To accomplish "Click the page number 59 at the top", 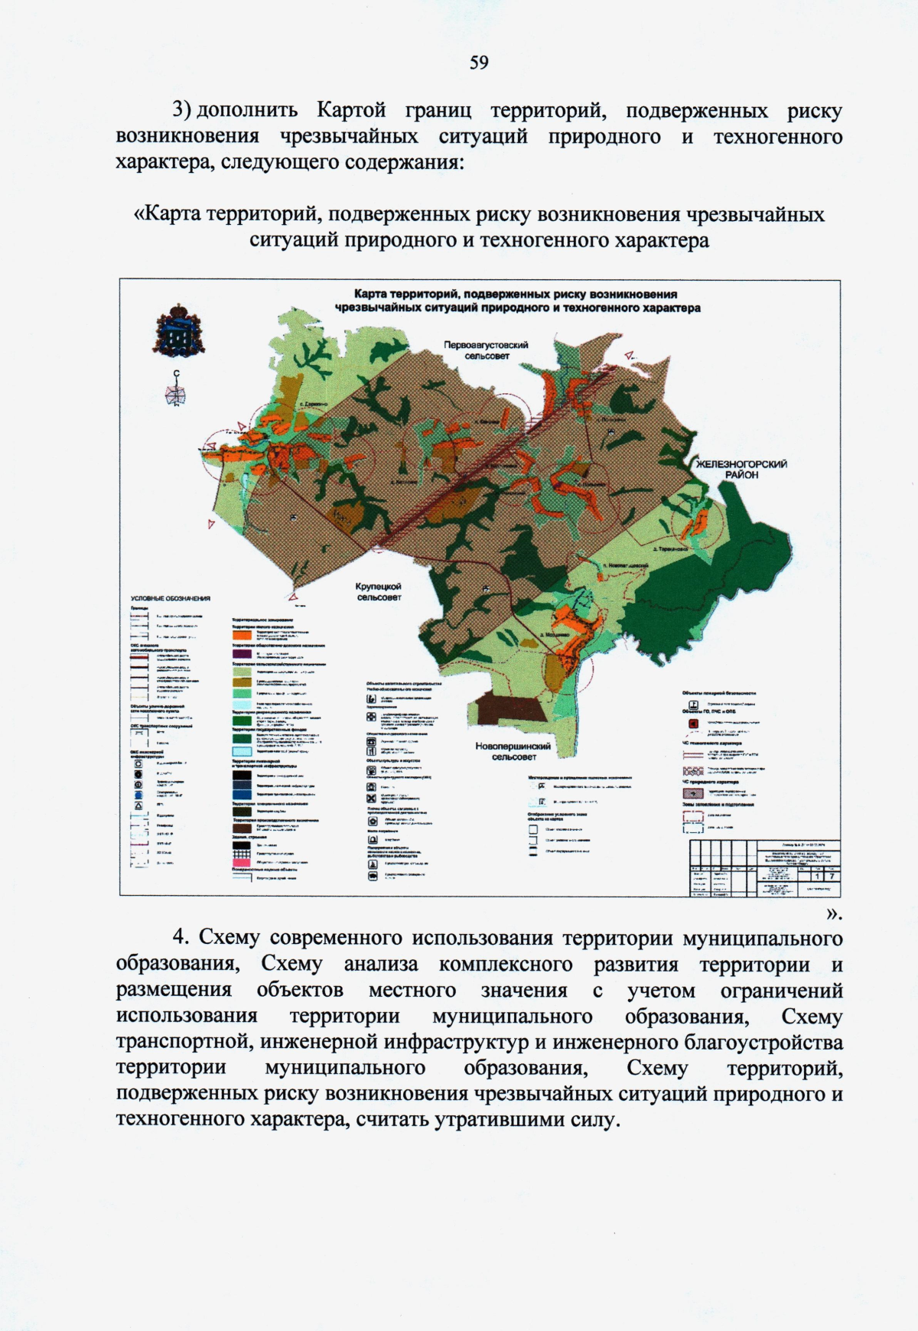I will click(x=479, y=62).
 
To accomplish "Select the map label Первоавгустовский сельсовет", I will click(x=486, y=350).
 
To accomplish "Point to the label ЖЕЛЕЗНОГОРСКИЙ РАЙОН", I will click(x=741, y=469).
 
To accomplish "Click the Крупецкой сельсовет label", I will click(x=379, y=591).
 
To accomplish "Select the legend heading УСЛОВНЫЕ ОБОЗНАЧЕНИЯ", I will click(x=171, y=599).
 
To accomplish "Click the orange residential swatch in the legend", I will click(x=242, y=634).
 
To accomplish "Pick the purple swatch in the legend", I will click(x=242, y=654).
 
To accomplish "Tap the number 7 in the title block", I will click(x=831, y=876).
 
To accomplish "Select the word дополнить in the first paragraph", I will click(x=247, y=111).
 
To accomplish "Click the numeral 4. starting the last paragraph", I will click(x=181, y=938).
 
